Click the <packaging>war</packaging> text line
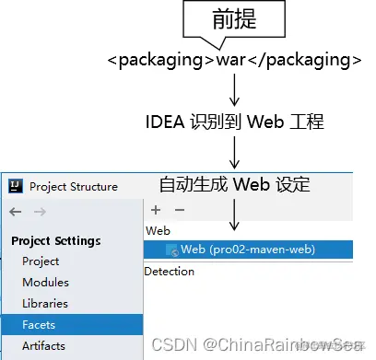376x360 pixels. point(233,61)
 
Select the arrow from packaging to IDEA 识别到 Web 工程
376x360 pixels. point(234,90)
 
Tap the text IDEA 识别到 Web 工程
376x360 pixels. point(234,120)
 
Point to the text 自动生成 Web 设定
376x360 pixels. point(234,183)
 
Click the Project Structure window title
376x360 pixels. point(74,186)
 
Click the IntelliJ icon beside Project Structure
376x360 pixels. point(15,186)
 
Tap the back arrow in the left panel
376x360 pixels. point(15,212)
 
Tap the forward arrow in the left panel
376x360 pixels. point(40,212)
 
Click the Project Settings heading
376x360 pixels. point(55,241)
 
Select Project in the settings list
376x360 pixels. point(41,261)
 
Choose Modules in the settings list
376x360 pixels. point(45,283)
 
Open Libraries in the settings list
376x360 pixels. point(45,303)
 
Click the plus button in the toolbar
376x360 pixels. point(156,210)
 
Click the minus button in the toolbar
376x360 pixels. point(179,210)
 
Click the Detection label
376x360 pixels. point(170,272)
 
